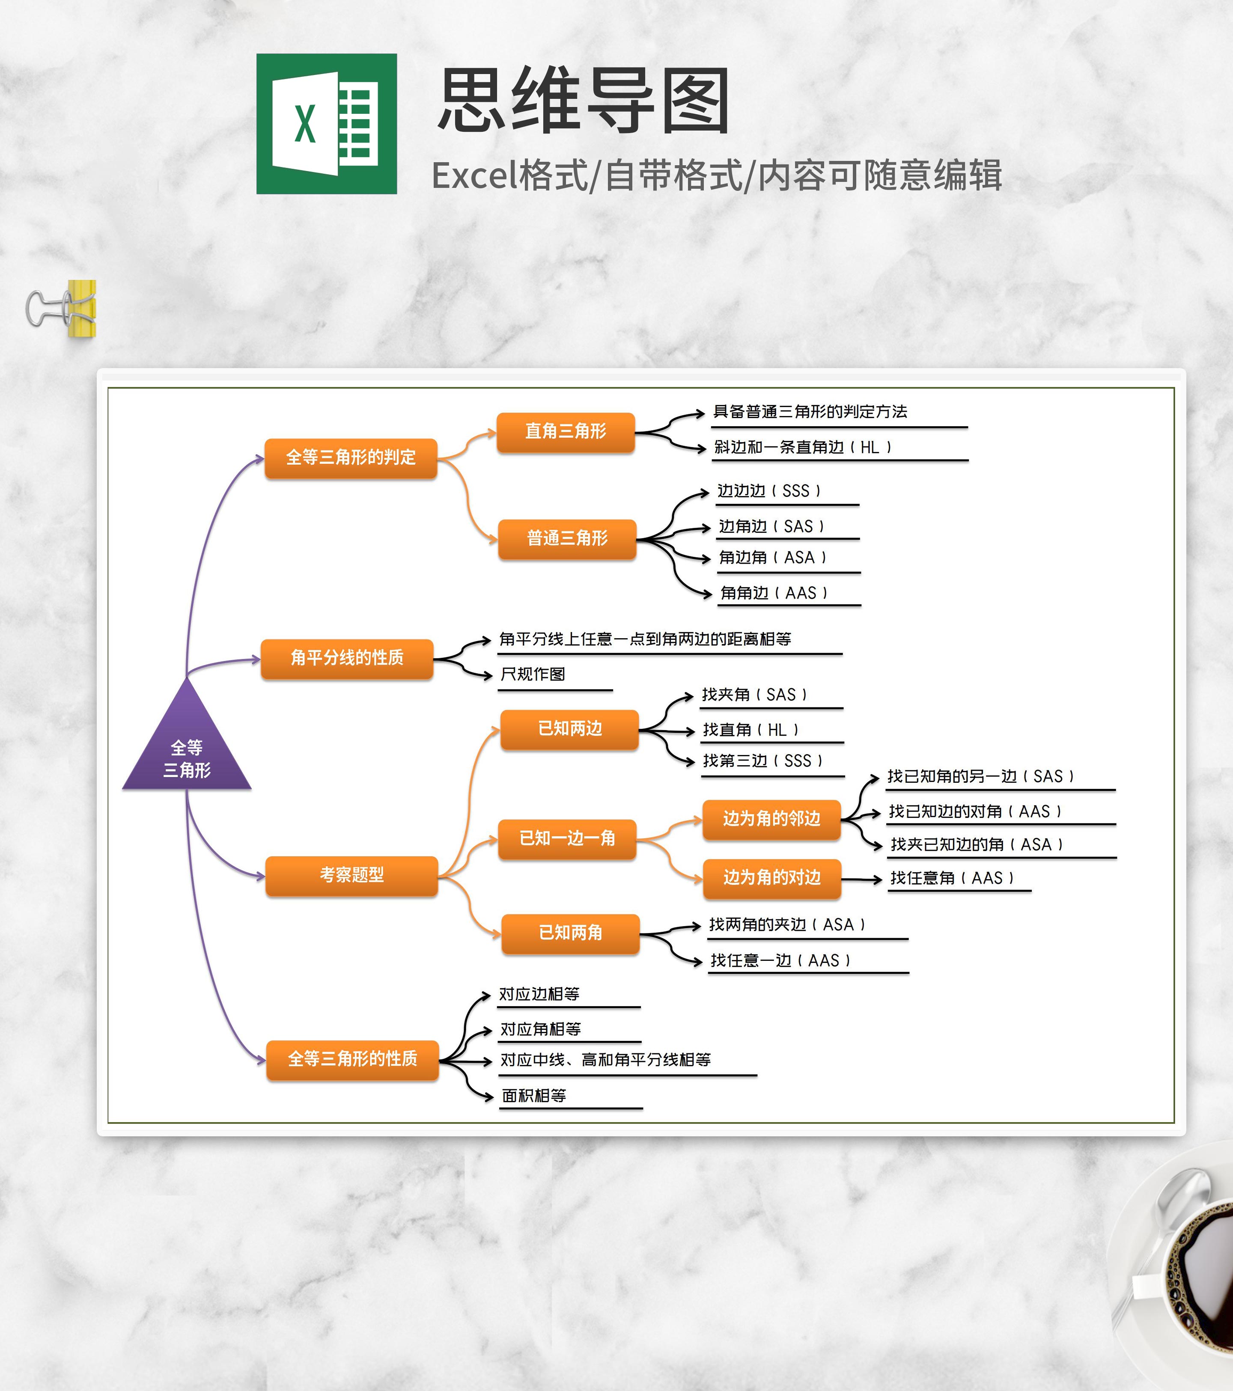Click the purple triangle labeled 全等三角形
187,749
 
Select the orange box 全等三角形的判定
351,457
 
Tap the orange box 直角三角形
565,431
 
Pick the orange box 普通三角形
567,538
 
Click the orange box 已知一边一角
567,838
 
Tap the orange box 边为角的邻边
771,819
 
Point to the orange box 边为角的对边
771,878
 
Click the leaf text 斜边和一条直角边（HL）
802,447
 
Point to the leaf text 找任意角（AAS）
952,878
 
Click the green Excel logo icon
326,124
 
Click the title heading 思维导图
584,101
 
